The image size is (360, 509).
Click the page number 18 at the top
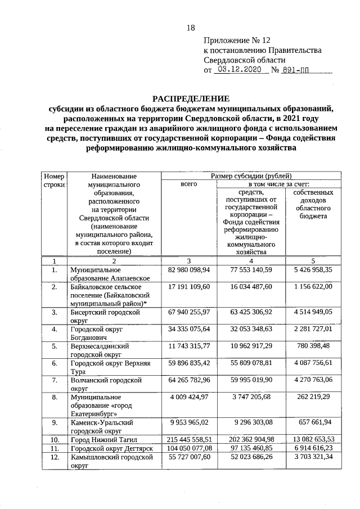click(x=190, y=28)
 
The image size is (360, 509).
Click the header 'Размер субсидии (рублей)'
click(x=250, y=175)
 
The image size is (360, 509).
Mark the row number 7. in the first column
click(x=55, y=381)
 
